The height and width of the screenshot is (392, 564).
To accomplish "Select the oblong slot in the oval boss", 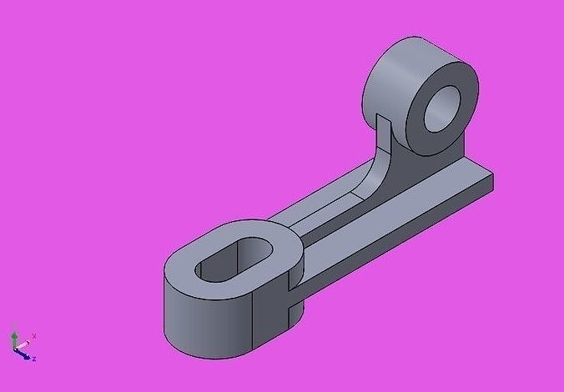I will tap(236, 261).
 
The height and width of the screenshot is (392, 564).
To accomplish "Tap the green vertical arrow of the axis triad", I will tap(14, 338).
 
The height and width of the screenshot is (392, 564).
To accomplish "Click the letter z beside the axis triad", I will tap(33, 359).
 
